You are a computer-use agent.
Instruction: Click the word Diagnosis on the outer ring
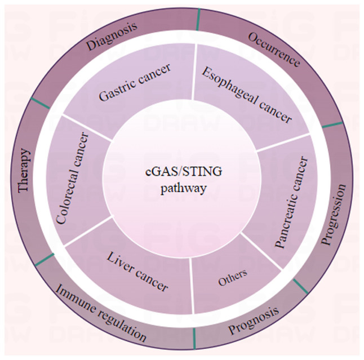(x=112, y=37)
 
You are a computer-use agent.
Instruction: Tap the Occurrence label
(x=274, y=50)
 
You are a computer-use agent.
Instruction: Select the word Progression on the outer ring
(x=334, y=214)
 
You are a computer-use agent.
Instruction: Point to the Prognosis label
(x=254, y=320)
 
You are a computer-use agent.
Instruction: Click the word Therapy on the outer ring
(x=24, y=171)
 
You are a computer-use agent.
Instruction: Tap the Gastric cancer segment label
(x=135, y=82)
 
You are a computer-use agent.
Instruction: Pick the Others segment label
(x=233, y=278)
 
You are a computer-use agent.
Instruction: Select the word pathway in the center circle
(x=183, y=189)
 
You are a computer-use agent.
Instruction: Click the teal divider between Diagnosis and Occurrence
(x=198, y=21)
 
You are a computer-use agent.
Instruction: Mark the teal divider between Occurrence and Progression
(x=332, y=125)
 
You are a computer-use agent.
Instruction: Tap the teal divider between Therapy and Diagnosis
(x=40, y=103)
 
